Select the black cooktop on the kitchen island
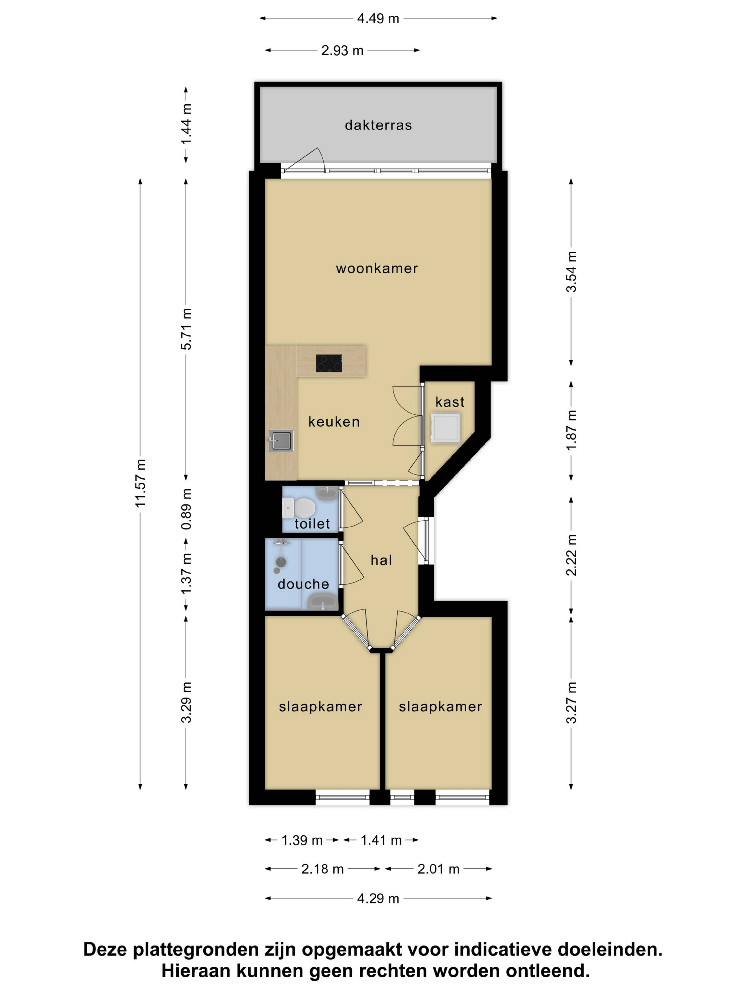point(329,363)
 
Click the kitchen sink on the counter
point(281,440)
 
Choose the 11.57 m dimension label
point(141,483)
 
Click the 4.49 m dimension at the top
point(378,18)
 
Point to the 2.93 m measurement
point(342,50)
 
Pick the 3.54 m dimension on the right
point(571,272)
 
